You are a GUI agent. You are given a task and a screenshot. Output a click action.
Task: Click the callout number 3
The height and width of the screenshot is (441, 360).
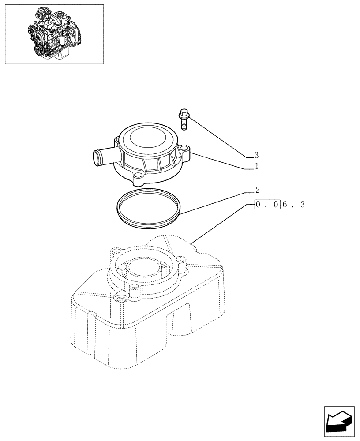tap(256, 155)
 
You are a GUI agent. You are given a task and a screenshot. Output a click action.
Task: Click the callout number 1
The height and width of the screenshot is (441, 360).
tap(256, 167)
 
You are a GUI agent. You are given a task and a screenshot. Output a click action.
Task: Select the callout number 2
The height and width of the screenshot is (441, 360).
tap(257, 191)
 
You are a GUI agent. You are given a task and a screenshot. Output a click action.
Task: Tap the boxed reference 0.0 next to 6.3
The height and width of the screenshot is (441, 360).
tap(267, 205)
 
